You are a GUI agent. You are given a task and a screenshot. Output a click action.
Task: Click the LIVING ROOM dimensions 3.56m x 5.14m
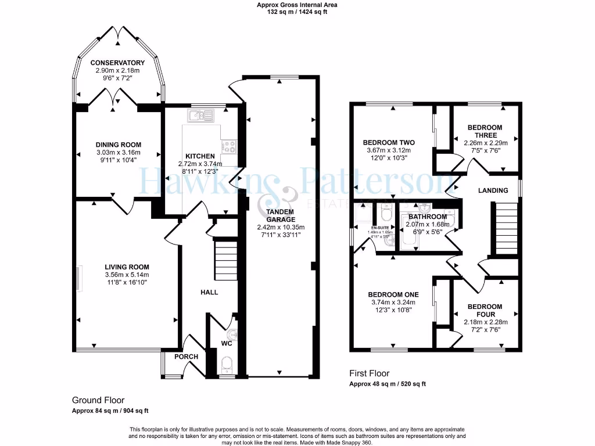[x=127, y=275]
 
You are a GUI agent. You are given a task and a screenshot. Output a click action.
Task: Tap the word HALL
[x=209, y=292]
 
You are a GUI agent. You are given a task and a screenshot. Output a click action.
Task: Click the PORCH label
[x=186, y=357]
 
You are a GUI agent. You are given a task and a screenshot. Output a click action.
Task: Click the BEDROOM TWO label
[x=389, y=142]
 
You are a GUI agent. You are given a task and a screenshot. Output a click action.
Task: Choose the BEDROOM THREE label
[x=485, y=131]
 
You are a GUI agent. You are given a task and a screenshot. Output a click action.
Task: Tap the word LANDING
[x=493, y=190]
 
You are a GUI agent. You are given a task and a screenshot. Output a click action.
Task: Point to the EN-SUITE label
[x=380, y=227]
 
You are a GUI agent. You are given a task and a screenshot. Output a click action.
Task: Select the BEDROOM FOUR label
[x=485, y=311]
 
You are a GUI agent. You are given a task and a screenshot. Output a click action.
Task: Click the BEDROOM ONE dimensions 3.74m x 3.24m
[x=394, y=303]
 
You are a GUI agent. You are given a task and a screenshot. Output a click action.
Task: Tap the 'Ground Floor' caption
[x=98, y=400]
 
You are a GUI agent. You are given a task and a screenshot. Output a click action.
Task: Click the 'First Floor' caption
[x=369, y=373]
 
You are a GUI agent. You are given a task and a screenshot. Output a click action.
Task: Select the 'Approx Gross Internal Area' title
[x=297, y=5]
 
